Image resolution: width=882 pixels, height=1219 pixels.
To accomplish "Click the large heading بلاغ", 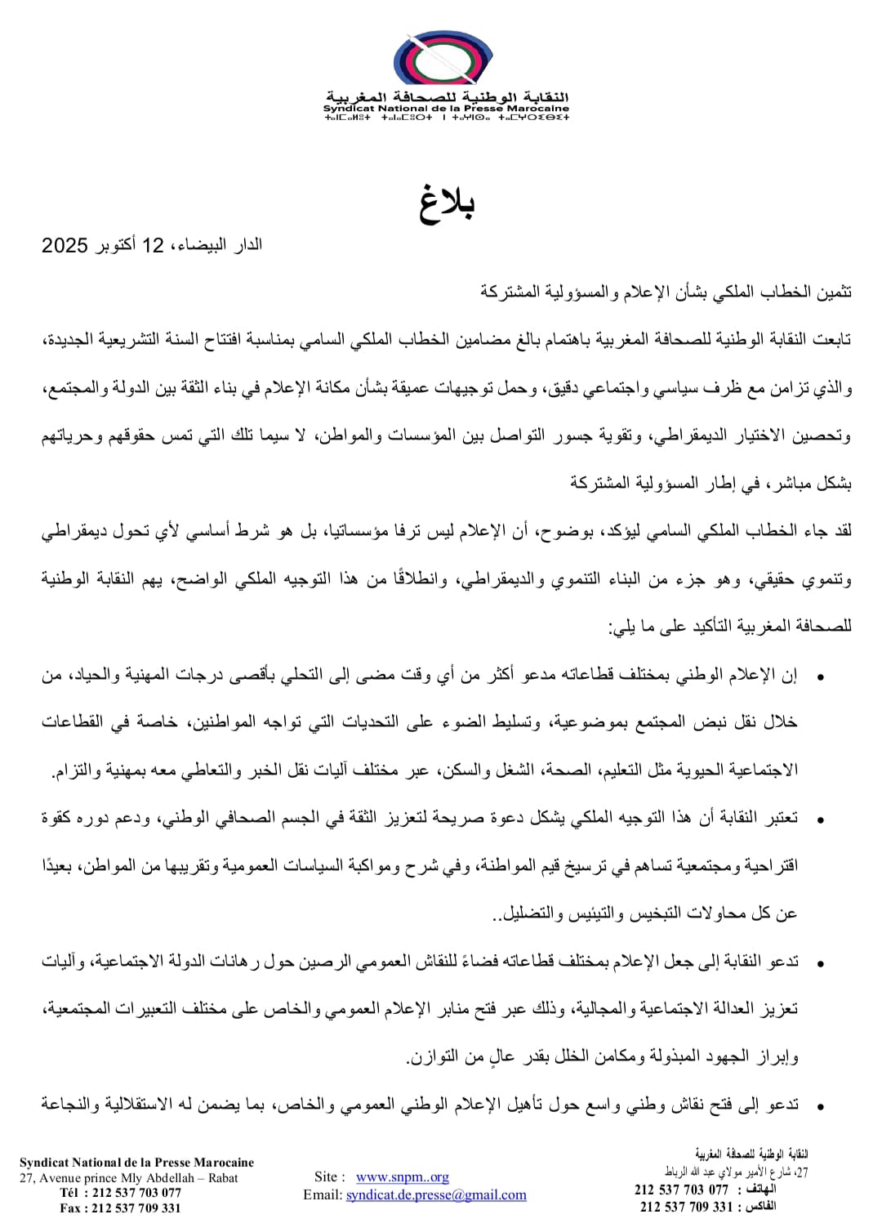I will click(447, 203).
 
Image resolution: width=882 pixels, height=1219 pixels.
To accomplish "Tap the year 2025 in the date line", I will click(65, 245).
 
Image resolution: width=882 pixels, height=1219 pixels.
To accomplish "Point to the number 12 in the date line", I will click(153, 245).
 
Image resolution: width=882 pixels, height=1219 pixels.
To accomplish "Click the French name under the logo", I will click(446, 108).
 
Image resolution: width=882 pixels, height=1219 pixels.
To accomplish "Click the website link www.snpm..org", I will click(403, 1177).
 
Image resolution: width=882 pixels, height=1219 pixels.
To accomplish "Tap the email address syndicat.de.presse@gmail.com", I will click(436, 1194).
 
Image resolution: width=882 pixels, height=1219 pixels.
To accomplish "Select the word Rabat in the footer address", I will click(222, 1178).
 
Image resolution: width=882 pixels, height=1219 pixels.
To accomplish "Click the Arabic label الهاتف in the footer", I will click(761, 1189).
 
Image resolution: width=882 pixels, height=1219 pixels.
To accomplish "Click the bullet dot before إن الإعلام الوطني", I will click(820, 676).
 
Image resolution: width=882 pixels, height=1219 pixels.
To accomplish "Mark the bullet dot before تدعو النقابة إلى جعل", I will click(820, 963).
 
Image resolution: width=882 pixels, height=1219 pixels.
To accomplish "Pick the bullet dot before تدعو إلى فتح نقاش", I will click(820, 1106).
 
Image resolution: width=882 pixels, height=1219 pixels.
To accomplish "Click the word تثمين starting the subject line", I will click(831, 292).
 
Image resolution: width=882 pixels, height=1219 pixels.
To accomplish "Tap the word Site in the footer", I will click(326, 1177).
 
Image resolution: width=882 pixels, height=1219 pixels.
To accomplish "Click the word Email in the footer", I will click(322, 1194).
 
